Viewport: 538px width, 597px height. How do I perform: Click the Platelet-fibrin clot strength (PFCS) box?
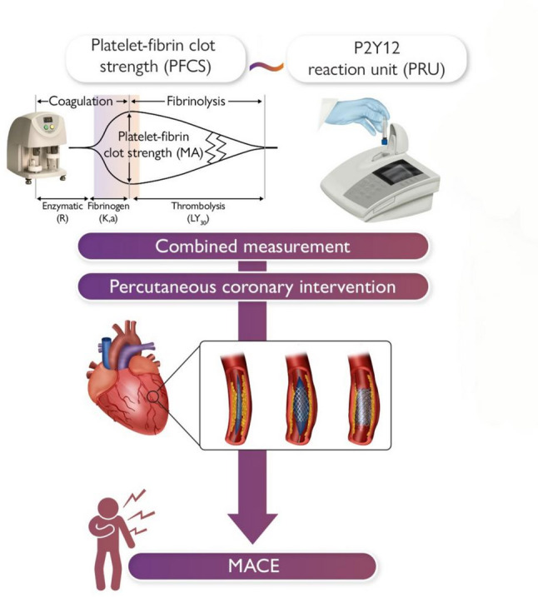[156, 58]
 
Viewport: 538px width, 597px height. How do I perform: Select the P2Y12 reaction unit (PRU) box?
[376, 58]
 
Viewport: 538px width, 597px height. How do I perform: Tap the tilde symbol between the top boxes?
[267, 67]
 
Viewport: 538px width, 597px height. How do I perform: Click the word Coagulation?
[81, 102]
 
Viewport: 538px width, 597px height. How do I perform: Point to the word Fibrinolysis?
[196, 102]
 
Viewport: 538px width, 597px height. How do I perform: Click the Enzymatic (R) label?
[62, 212]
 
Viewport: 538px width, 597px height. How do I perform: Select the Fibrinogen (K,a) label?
[108, 212]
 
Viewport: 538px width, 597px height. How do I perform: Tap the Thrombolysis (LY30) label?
[198, 212]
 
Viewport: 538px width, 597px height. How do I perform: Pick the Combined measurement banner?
[253, 246]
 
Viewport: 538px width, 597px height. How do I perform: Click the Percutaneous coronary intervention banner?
[253, 286]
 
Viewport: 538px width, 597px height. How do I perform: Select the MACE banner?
[253, 566]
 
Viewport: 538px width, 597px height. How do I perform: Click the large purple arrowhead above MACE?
[252, 527]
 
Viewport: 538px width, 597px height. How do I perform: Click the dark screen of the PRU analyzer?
[396, 174]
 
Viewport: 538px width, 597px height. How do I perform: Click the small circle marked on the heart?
[153, 396]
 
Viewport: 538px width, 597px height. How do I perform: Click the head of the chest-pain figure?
[107, 508]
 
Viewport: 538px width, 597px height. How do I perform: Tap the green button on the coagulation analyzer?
[46, 127]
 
